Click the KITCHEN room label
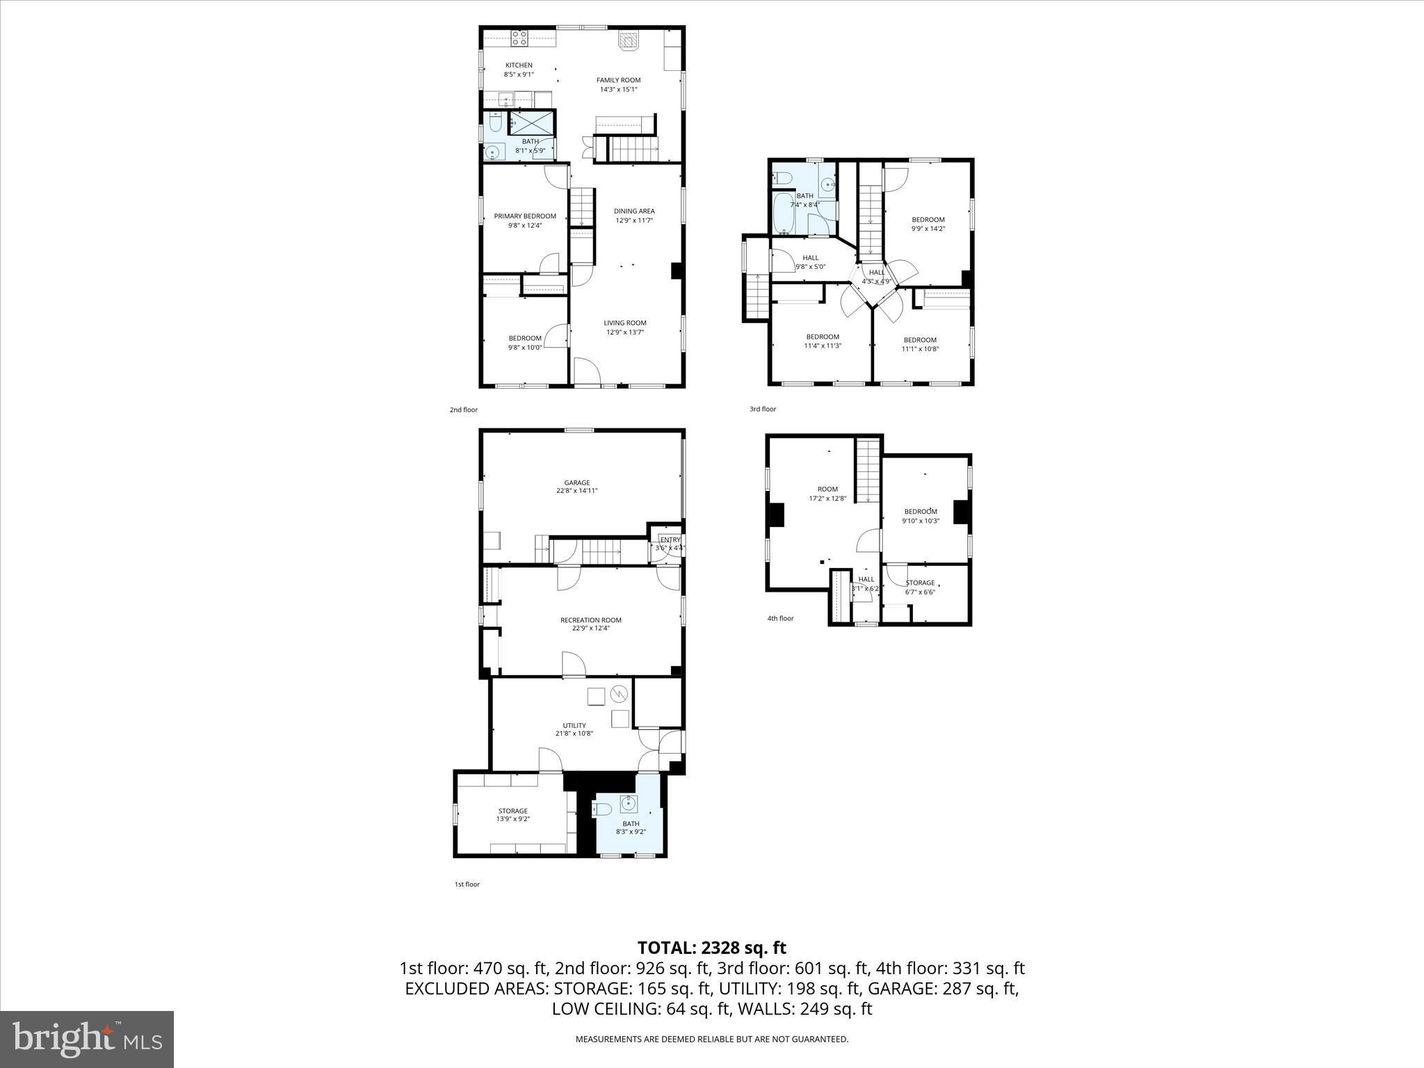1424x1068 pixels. point(519,65)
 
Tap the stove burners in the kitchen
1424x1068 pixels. point(519,38)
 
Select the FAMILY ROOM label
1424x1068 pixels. point(618,80)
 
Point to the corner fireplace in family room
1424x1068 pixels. point(628,41)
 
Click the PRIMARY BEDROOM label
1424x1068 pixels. point(525,216)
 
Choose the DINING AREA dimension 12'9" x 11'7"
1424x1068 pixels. point(634,220)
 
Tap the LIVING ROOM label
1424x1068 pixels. point(624,323)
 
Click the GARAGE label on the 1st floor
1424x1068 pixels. point(576,483)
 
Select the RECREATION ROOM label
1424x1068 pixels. point(590,620)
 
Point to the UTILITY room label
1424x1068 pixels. point(574,725)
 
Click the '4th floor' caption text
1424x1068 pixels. point(780,618)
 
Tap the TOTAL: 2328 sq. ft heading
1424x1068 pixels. point(711,948)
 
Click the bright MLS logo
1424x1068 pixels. point(87,1039)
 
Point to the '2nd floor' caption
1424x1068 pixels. point(464,410)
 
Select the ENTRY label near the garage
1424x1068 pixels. point(670,540)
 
